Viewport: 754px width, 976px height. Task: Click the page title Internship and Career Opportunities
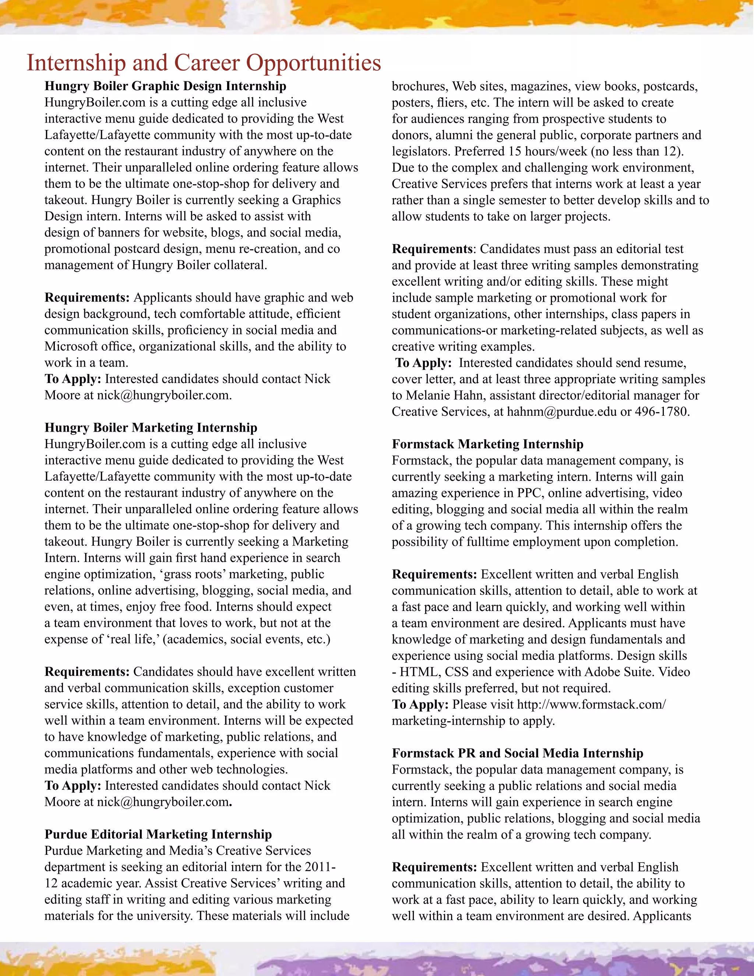tap(204, 63)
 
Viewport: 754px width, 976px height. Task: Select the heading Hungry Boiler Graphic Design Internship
tap(165, 86)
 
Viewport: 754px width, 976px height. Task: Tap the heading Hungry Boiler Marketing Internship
tap(151, 428)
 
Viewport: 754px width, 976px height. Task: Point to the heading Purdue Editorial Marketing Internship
tap(158, 834)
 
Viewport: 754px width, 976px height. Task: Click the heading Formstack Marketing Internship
tap(487, 444)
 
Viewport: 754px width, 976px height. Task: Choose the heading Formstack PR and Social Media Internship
tap(517, 753)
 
